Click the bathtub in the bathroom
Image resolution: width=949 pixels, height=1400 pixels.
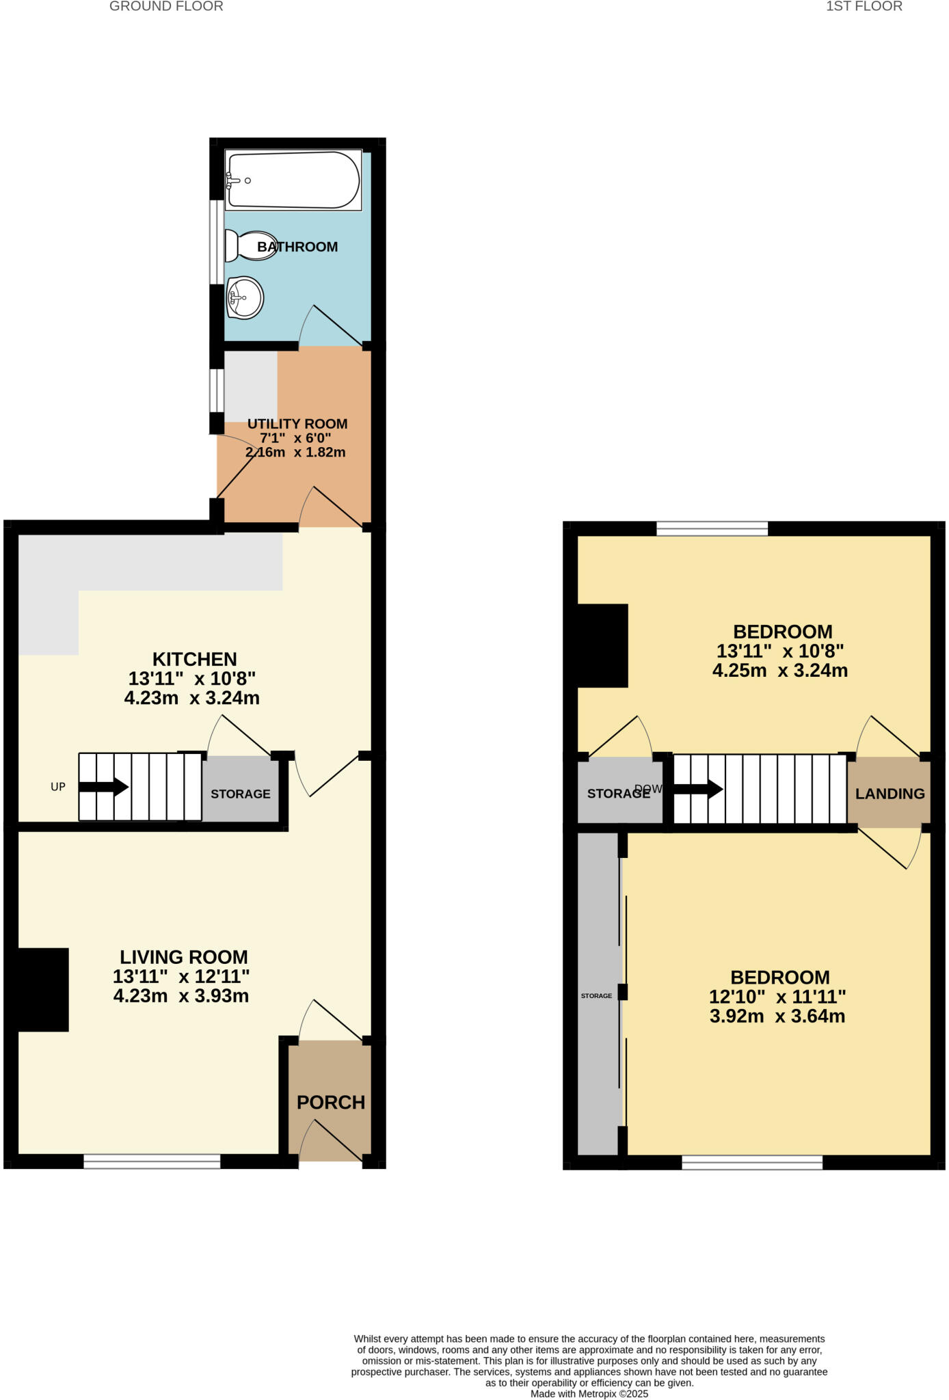point(293,180)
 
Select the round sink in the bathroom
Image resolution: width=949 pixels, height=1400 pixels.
point(245,297)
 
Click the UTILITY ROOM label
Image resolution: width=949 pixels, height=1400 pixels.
point(297,424)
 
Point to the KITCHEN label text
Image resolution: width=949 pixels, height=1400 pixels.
point(194,659)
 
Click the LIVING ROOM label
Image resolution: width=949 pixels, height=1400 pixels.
point(183,957)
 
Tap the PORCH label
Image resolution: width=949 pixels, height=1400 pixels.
point(331,1102)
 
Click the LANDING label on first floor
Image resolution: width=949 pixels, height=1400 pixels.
point(890,794)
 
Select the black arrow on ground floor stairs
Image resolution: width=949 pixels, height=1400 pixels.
point(103,787)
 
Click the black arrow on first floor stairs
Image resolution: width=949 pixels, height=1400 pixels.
point(698,790)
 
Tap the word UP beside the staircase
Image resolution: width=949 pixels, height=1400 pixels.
point(58,787)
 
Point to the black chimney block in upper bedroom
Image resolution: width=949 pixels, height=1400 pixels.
point(602,645)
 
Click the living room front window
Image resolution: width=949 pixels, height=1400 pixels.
point(152,1161)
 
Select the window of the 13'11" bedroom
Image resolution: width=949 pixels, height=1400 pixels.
point(712,528)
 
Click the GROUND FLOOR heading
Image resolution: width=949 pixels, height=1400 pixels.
point(166,7)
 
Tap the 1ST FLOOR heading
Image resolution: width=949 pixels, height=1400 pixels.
point(864,7)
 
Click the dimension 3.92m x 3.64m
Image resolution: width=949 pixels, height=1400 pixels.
point(777,1017)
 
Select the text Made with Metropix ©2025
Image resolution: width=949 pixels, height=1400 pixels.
point(589,1393)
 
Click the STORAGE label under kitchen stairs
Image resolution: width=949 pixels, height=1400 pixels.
point(241,794)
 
